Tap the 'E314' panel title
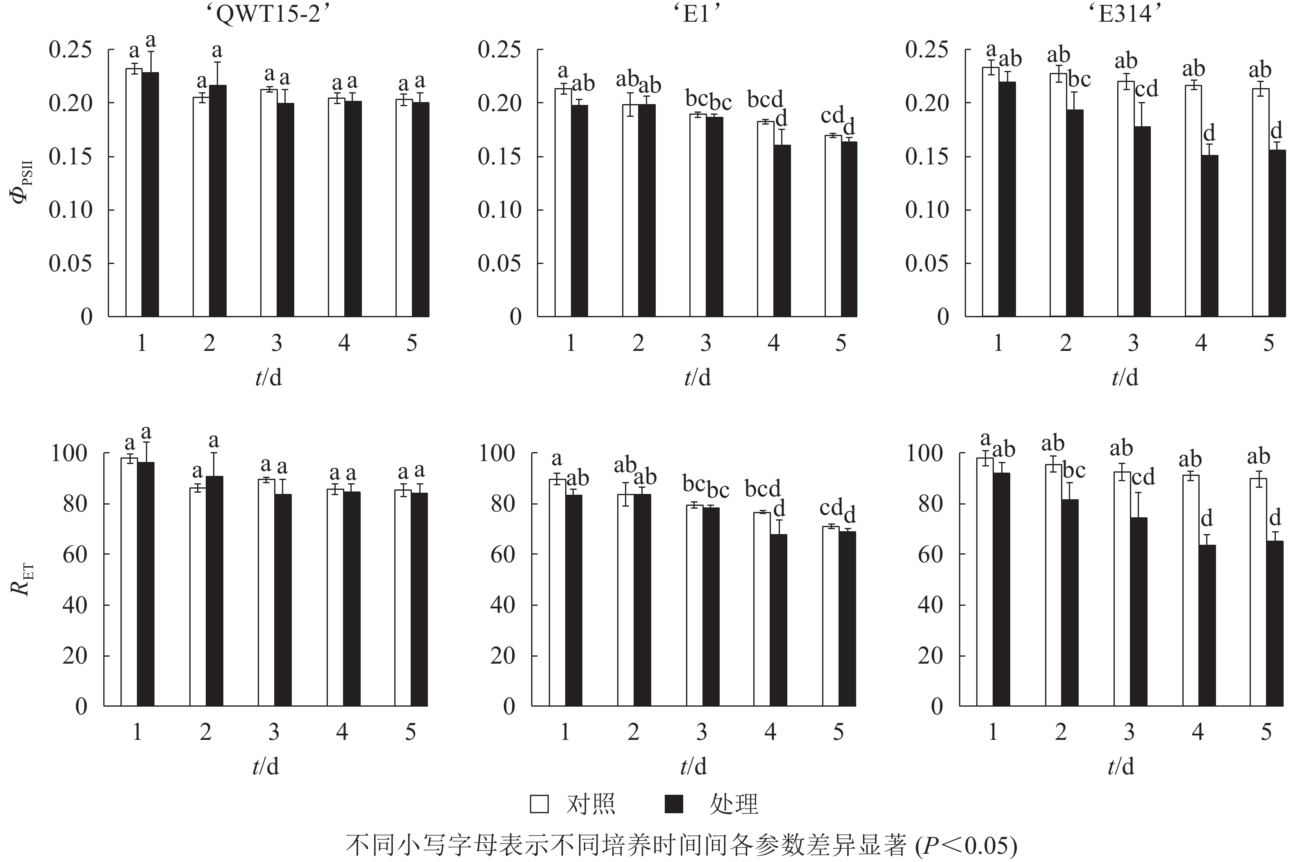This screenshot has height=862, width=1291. coord(1125,14)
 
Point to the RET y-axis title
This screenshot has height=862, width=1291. coord(22,580)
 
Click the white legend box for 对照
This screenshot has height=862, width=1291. coord(539,804)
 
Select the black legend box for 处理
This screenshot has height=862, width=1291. coord(674,804)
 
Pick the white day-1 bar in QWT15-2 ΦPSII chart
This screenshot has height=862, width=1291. coord(134,192)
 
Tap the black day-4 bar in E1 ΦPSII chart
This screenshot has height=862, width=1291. coord(782,230)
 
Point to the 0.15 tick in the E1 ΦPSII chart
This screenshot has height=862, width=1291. coord(499,157)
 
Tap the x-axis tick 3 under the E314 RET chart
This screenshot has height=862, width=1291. coord(1129,732)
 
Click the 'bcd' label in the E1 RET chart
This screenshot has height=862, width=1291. coord(762,488)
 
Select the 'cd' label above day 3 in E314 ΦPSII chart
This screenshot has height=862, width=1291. coord(1146,88)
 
